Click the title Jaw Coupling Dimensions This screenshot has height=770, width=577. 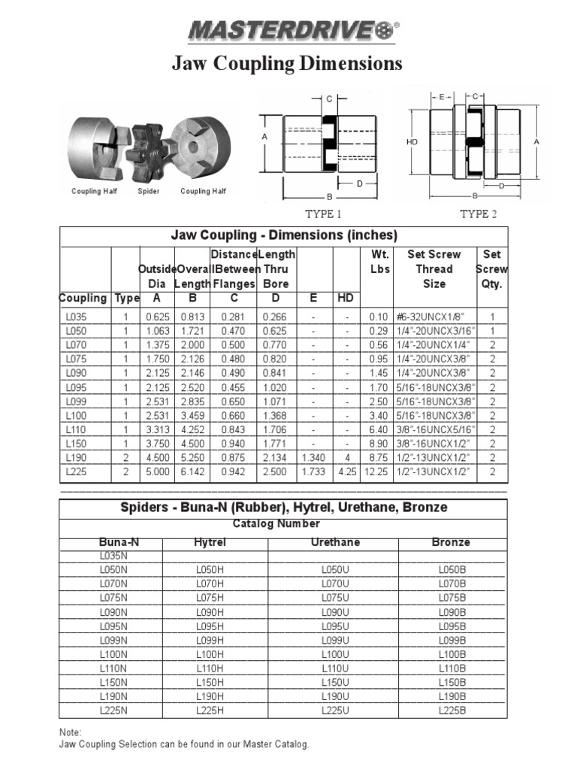287,64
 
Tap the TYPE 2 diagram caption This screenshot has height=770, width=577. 479,214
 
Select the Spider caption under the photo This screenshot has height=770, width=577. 149,192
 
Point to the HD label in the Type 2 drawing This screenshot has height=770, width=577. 412,141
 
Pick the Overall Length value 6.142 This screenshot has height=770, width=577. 192,472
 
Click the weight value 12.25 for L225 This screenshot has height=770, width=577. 376,472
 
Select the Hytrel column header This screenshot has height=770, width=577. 210,542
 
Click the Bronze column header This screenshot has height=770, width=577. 452,542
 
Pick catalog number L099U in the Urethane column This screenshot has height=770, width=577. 335,640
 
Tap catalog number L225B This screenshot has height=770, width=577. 452,710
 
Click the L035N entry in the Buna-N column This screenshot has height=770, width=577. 113,556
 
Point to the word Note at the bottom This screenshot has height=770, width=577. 71,732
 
